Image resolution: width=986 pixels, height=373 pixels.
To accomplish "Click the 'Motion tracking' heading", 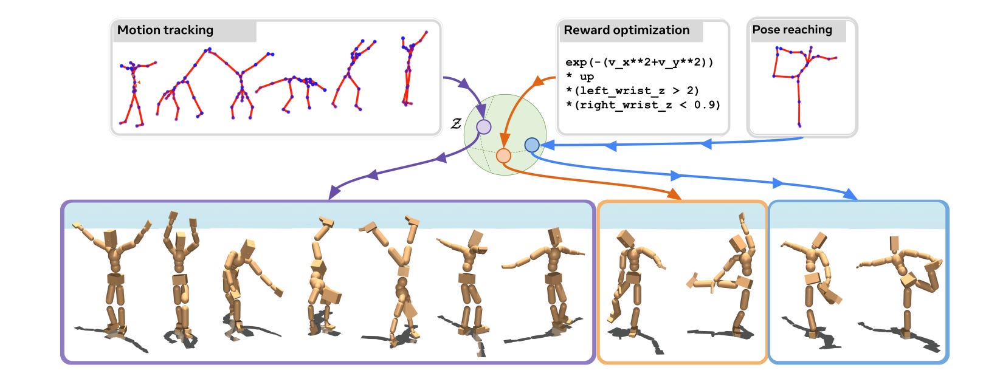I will point(165,30).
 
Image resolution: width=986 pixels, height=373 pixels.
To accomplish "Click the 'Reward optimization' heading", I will point(626,30).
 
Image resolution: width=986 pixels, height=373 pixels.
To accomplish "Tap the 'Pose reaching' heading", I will point(791,30).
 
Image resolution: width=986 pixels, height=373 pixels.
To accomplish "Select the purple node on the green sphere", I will point(483,127).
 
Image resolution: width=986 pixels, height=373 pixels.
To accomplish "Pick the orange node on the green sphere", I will point(503,156).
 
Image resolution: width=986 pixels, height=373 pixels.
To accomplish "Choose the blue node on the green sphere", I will point(532,145).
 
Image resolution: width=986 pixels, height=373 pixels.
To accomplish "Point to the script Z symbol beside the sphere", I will point(456,125).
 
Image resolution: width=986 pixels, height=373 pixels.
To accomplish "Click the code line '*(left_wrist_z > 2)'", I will point(632,91).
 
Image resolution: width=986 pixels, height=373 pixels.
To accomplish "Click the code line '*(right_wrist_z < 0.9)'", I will point(643,104).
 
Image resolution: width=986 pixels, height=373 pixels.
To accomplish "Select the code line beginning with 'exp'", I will point(639,62).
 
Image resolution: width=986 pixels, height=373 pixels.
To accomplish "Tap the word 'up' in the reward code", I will point(587,77).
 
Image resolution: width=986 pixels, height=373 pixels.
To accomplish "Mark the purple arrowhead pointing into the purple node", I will point(481,113).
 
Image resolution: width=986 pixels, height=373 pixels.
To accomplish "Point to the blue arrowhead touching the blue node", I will point(545,145).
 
